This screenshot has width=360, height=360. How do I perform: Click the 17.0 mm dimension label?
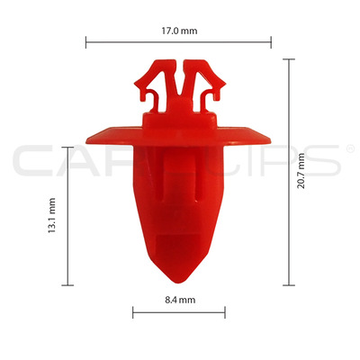point(179,31)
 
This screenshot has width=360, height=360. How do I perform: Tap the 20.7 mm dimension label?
point(301,170)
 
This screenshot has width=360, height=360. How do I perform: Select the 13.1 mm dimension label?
point(52,215)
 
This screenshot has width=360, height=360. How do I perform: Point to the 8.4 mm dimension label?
point(180,300)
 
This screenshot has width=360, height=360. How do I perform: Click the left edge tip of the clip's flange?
point(86,140)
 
